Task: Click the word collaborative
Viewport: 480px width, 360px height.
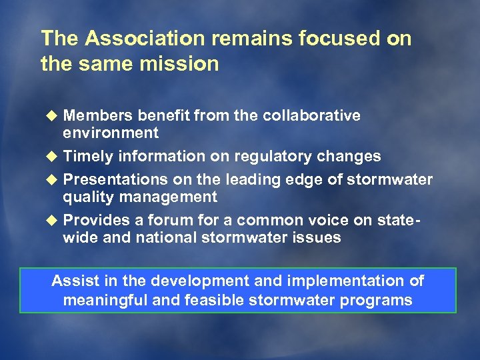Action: (x=311, y=115)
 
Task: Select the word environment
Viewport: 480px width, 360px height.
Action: (x=111, y=133)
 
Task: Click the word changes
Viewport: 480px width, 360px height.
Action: (x=350, y=157)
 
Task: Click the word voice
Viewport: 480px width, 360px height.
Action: (x=333, y=221)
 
